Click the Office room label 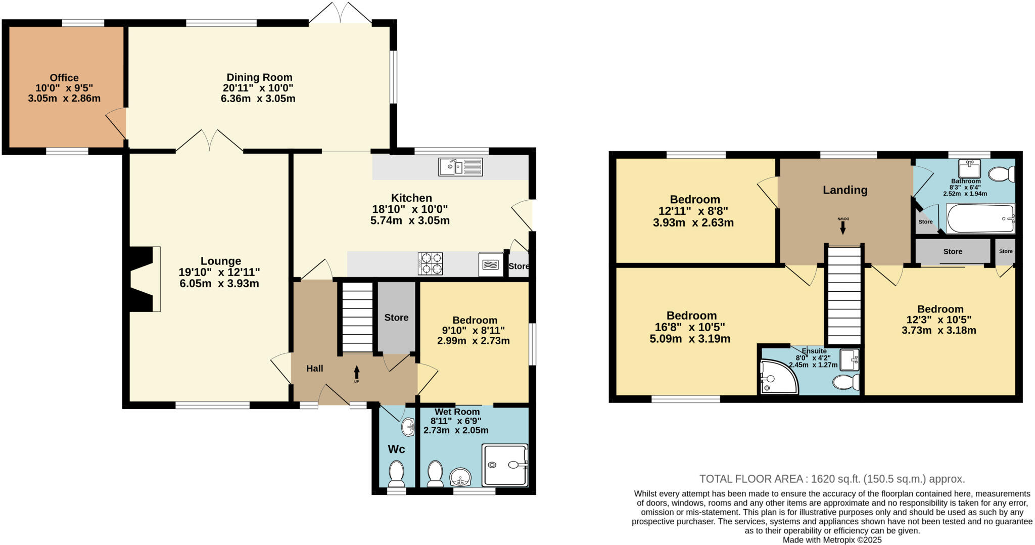[64, 78]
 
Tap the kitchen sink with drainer [460, 167]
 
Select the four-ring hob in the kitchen [430, 263]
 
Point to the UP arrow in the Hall [356, 374]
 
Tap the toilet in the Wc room [396, 473]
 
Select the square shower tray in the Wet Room [504, 465]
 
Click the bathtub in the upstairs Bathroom [980, 218]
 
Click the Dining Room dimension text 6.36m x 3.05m [258, 99]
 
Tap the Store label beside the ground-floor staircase [396, 317]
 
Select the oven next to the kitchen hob [490, 264]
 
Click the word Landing [845, 190]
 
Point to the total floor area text [832, 479]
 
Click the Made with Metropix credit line [832, 540]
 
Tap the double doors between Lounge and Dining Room [210, 141]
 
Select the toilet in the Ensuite [845, 382]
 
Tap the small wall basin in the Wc [408, 428]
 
